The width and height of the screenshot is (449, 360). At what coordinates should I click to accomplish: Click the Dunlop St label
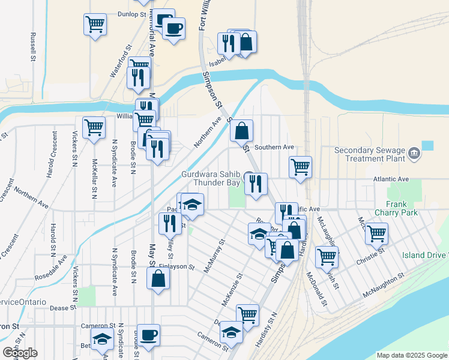(x=133, y=13)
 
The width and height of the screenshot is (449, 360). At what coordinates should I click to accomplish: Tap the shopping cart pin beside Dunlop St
(x=95, y=25)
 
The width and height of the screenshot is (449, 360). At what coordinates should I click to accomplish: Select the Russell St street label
(x=32, y=47)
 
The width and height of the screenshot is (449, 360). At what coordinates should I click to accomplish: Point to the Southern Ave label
(x=274, y=147)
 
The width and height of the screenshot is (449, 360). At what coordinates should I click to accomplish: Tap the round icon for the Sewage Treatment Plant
(x=414, y=154)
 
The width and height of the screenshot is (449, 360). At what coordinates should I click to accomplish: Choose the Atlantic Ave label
(x=390, y=179)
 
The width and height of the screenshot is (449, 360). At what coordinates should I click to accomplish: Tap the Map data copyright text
(x=411, y=355)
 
